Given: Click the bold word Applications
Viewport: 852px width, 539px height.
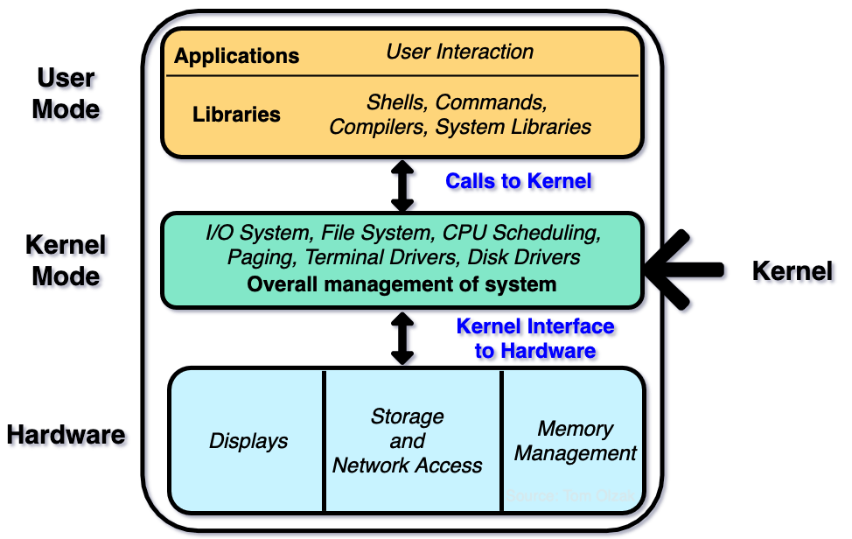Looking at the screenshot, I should tap(236, 57).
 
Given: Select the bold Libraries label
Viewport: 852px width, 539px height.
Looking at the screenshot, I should tap(236, 115).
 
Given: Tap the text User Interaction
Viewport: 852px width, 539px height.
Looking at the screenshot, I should tap(459, 52).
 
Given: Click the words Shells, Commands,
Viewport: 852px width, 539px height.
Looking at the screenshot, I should tap(457, 101).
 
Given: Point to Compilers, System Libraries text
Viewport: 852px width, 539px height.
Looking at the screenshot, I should tap(460, 127).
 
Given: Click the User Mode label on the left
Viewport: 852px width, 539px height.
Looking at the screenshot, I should tap(68, 94).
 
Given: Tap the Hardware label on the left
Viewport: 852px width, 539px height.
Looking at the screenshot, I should tap(68, 436).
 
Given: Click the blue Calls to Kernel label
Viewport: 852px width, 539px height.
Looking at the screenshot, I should tap(520, 182).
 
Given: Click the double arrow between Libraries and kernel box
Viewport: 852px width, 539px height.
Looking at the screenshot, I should tap(402, 185).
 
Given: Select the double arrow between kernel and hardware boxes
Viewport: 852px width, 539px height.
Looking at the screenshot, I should tap(402, 338).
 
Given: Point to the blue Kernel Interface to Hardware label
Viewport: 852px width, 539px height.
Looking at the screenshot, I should tap(536, 339).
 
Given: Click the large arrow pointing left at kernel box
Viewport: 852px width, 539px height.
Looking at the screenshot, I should tap(687, 272).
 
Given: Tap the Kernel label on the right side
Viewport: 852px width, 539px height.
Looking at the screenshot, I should tap(794, 272).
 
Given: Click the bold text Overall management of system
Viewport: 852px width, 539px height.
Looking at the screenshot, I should tap(402, 284).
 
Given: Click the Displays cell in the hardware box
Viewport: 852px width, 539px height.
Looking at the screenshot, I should tap(248, 441).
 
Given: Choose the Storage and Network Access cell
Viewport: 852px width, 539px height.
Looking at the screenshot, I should tap(408, 441).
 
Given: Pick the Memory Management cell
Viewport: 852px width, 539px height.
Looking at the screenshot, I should tap(576, 441).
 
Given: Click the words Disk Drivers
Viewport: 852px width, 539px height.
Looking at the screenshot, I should tap(524, 257).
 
